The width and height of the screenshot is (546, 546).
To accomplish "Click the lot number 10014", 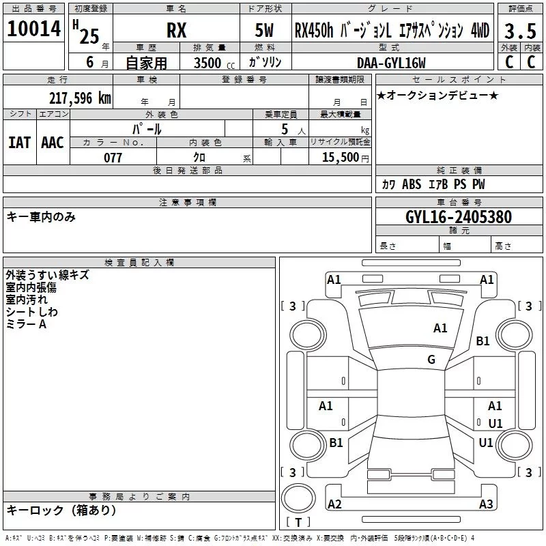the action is pyautogui.click(x=33, y=29).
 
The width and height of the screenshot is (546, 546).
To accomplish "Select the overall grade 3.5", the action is pyautogui.click(x=520, y=31).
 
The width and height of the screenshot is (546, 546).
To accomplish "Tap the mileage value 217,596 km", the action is pyautogui.click(x=80, y=98).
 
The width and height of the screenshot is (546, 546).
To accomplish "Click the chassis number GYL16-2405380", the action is pyautogui.click(x=459, y=217).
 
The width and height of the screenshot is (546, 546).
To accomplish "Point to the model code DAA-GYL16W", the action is pyautogui.click(x=391, y=63).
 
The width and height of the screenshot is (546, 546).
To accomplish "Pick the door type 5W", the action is pyautogui.click(x=264, y=30).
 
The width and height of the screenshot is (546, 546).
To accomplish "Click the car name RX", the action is pyautogui.click(x=176, y=30).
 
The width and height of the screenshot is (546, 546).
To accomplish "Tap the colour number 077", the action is pyautogui.click(x=113, y=158).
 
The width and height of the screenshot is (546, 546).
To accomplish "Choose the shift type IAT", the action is pyautogui.click(x=20, y=143).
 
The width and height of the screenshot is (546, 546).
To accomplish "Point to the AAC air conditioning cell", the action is pyautogui.click(x=53, y=143).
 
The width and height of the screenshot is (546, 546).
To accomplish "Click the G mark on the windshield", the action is pyautogui.click(x=431, y=360).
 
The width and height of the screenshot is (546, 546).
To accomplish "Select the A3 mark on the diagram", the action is pyautogui.click(x=486, y=504).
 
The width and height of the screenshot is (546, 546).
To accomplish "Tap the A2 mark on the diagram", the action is pyautogui.click(x=334, y=504).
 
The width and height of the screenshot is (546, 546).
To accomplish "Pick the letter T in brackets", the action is pyautogui.click(x=298, y=522).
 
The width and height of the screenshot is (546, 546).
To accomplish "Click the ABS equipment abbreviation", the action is pyautogui.click(x=412, y=184).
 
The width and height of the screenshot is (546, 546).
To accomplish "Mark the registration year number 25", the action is pyautogui.click(x=89, y=36).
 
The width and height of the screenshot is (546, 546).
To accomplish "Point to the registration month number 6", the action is pyautogui.click(x=90, y=62).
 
